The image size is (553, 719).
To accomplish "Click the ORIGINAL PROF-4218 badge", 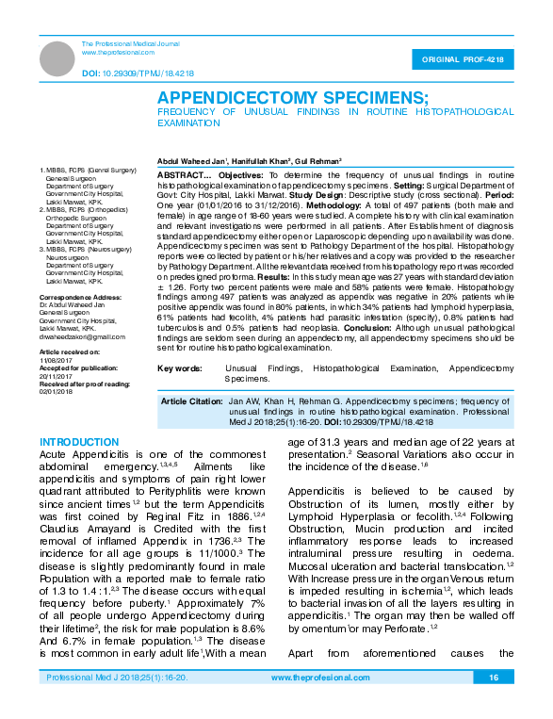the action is [x=468, y=60].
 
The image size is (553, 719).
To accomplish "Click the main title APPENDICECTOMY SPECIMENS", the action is [x=292, y=97].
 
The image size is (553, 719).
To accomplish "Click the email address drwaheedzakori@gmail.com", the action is [x=82, y=336].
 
